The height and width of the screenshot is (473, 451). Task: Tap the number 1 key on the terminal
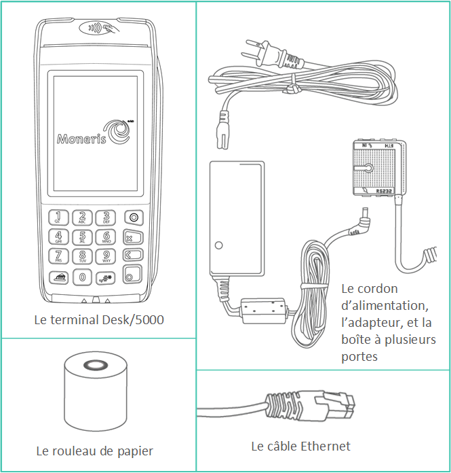point(57,217)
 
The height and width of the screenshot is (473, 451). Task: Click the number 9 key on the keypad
point(106,256)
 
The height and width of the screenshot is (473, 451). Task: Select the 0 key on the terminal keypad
point(82,277)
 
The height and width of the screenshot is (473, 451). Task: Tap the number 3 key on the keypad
point(106,217)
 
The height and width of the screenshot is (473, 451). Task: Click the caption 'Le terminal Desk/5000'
point(99,319)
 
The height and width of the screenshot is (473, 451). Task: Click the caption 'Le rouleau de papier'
point(94,451)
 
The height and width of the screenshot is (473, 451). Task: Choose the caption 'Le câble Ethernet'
point(300,446)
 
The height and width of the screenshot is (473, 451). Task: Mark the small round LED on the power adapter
point(217,245)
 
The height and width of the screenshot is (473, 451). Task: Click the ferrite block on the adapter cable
point(260,310)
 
